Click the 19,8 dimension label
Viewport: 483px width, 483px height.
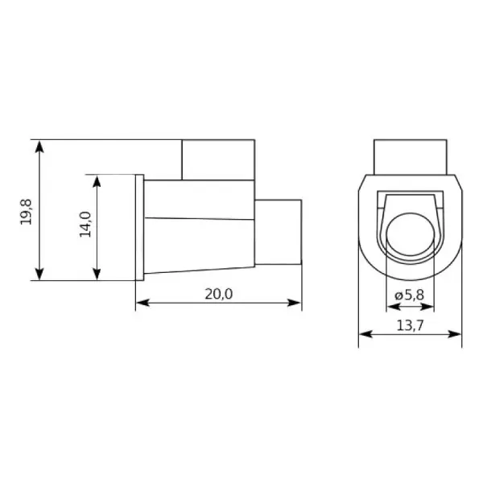click(26, 212)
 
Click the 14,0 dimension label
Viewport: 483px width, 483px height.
click(85, 225)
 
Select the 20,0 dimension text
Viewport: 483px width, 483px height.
click(219, 294)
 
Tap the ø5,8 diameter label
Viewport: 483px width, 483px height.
click(410, 295)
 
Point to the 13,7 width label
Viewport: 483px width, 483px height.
click(410, 325)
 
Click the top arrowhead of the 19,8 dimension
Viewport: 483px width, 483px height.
click(39, 147)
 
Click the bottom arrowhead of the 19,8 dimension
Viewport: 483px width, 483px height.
click(39, 274)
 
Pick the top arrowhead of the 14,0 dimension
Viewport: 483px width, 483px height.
click(97, 181)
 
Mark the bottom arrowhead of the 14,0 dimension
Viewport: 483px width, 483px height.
click(97, 274)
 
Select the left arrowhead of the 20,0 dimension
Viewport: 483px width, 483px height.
click(142, 303)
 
